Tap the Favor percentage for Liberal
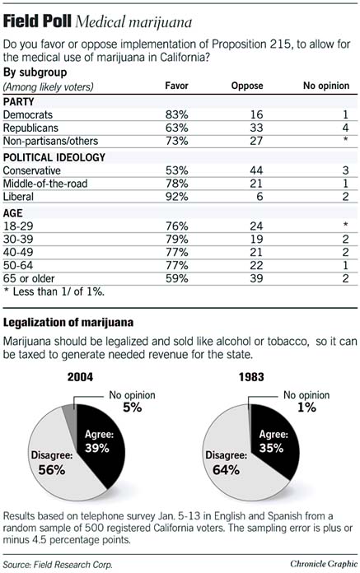click(x=177, y=198)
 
